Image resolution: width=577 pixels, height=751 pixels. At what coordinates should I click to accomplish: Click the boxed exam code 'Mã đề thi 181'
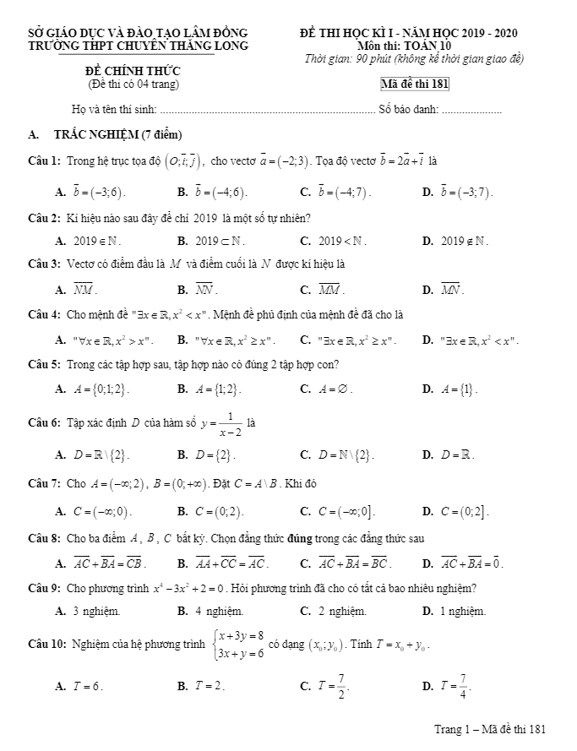click(x=415, y=84)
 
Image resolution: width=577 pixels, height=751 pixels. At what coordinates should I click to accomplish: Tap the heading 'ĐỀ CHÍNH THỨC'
click(x=133, y=71)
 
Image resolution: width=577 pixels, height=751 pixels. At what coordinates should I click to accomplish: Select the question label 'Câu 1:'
click(x=44, y=161)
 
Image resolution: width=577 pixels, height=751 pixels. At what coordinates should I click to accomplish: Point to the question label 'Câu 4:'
click(x=44, y=315)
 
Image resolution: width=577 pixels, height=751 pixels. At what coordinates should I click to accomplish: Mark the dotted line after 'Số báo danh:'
click(x=471, y=111)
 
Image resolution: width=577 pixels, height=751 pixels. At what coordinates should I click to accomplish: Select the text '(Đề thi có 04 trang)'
click(x=133, y=84)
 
